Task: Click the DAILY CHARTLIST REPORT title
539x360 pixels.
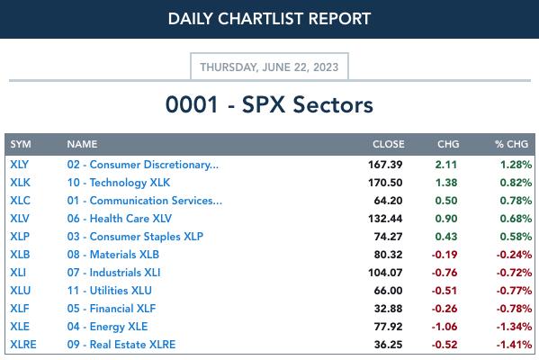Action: click(x=269, y=19)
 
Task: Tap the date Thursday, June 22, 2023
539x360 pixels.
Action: click(x=269, y=67)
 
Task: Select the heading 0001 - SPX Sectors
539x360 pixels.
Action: click(x=269, y=104)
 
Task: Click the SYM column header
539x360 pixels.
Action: click(x=21, y=144)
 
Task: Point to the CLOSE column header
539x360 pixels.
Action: click(x=389, y=144)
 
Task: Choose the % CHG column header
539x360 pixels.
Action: click(x=511, y=144)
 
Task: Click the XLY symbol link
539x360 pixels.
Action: click(x=19, y=165)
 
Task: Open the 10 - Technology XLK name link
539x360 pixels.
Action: click(x=119, y=183)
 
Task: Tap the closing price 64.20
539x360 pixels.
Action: click(x=388, y=201)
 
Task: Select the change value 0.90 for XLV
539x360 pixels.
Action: click(x=446, y=219)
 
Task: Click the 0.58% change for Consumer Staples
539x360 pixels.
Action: click(x=516, y=237)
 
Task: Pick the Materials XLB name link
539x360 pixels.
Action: click(x=113, y=255)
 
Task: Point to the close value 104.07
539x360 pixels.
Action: click(x=385, y=273)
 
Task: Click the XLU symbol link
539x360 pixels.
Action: click(x=21, y=291)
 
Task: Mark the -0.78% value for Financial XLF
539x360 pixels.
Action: click(x=514, y=309)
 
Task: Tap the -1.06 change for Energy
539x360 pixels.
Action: click(x=445, y=327)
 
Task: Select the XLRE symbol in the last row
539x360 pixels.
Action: click(x=23, y=345)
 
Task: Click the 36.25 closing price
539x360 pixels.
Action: click(x=388, y=345)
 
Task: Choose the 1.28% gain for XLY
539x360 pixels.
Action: click(x=516, y=165)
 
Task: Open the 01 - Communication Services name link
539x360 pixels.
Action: click(x=145, y=201)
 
